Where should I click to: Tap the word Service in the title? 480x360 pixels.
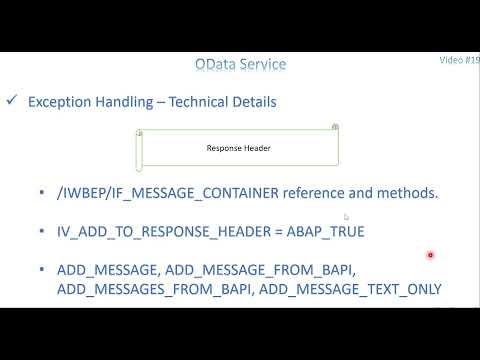click(x=262, y=65)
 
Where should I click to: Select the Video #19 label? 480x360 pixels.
click(x=459, y=60)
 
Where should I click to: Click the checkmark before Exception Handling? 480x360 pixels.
click(x=12, y=101)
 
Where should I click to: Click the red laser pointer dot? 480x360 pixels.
click(x=430, y=255)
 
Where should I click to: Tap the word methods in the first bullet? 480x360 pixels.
click(x=405, y=193)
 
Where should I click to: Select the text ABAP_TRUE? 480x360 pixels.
click(x=329, y=231)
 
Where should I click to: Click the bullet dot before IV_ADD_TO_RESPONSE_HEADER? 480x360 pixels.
click(x=42, y=231)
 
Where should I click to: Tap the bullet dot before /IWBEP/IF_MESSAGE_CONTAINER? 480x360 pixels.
click(x=42, y=193)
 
